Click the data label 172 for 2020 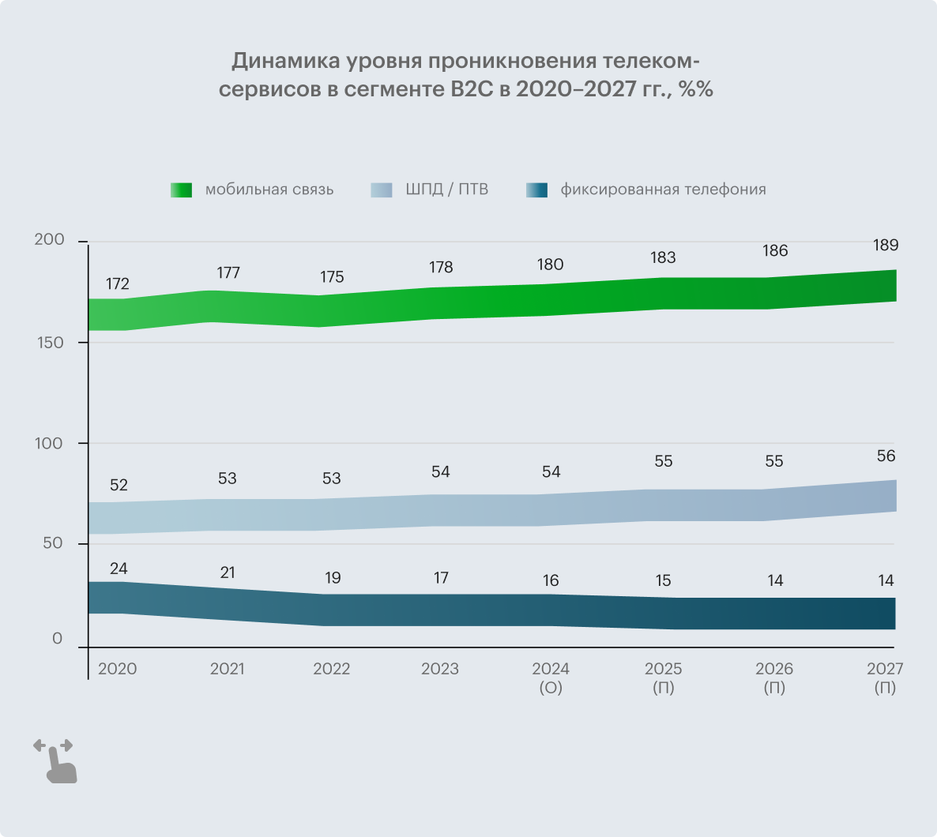(x=118, y=284)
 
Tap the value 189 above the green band (x=886, y=245)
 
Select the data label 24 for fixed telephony (x=119, y=569)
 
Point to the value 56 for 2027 (x=886, y=456)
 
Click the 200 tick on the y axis (x=49, y=240)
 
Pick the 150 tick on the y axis (x=49, y=343)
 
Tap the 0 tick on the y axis (x=57, y=639)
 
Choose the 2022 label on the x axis (x=331, y=669)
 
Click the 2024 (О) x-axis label (x=551, y=677)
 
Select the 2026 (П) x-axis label (x=774, y=677)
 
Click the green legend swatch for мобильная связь (x=181, y=190)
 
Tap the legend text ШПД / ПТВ (x=446, y=190)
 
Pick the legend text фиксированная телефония (x=663, y=190)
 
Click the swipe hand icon (x=55, y=761)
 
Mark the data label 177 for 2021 (x=228, y=273)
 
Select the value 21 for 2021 (x=228, y=572)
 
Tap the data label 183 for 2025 (x=663, y=257)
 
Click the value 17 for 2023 (x=441, y=578)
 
